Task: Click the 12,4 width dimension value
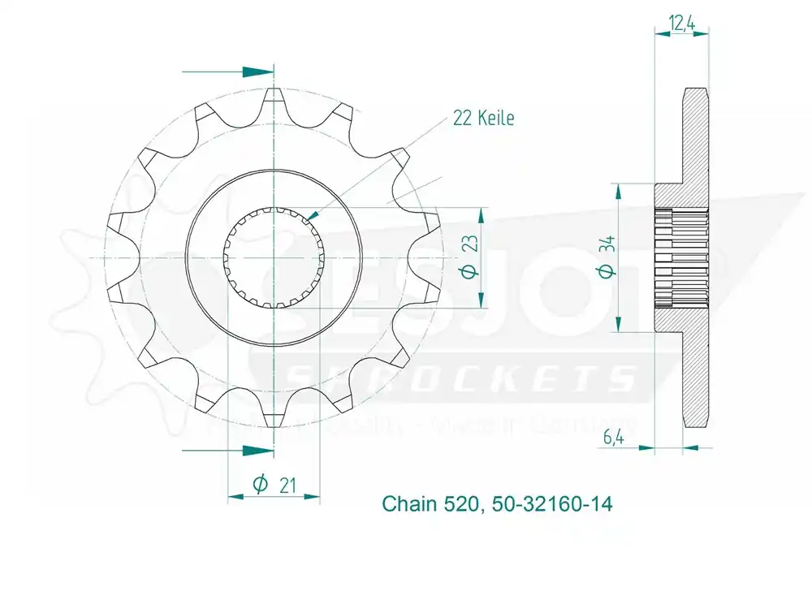click(x=681, y=24)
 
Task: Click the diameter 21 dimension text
click(x=273, y=485)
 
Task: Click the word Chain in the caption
click(x=411, y=504)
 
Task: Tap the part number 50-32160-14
click(x=552, y=504)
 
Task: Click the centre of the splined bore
click(x=274, y=257)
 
